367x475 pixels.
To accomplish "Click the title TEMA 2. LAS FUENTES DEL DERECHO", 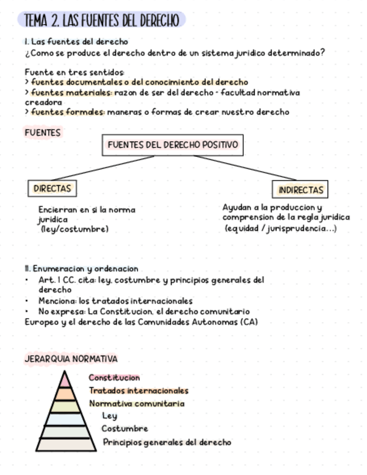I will [x=101, y=21].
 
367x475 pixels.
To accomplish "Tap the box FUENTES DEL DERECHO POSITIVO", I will [x=172, y=145].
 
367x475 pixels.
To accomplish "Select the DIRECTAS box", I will [x=52, y=189].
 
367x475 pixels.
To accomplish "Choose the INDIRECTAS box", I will [x=300, y=190].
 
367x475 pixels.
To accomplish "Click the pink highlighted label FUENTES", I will [x=43, y=133].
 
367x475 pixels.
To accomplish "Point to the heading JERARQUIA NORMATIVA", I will [x=71, y=359].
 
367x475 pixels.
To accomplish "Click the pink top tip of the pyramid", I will [x=65, y=380].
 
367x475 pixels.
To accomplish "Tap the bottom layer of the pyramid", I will [x=66, y=445].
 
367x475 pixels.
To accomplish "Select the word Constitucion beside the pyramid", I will [x=114, y=378].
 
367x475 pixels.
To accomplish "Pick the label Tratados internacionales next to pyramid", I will [x=139, y=391].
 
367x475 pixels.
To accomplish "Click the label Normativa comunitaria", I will [x=137, y=403].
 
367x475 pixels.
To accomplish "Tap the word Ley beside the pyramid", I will [x=110, y=416].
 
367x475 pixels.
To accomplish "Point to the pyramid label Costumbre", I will [x=125, y=429].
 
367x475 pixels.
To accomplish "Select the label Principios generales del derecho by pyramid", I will [x=167, y=443].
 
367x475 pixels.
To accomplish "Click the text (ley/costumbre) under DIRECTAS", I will [x=74, y=229].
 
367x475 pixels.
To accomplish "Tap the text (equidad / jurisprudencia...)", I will [x=280, y=229].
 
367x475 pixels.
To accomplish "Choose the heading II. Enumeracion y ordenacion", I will [x=81, y=269].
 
